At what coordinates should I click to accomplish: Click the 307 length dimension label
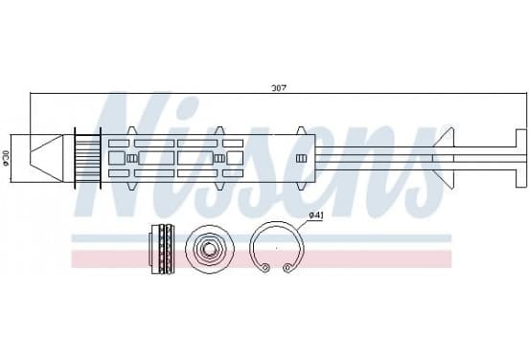click(x=279, y=88)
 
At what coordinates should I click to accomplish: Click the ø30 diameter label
click(x=5, y=158)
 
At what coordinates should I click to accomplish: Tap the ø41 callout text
click(x=316, y=215)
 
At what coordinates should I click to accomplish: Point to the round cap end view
click(x=210, y=249)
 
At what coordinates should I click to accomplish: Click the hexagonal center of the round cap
click(x=210, y=249)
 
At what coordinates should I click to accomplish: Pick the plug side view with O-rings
click(x=163, y=249)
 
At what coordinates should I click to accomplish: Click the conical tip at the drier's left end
click(x=46, y=158)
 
